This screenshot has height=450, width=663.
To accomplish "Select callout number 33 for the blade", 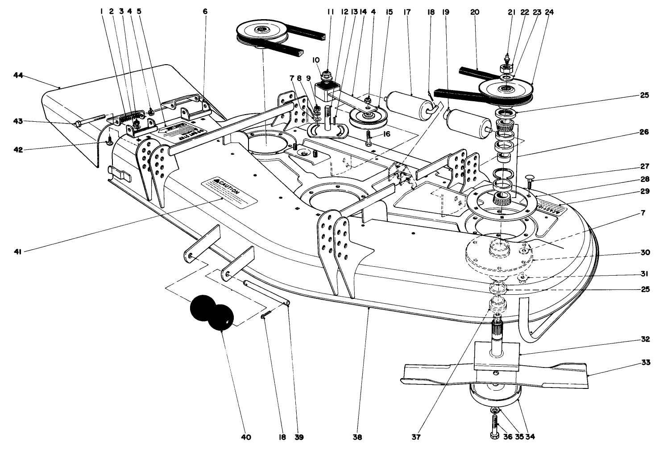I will pos(646,363).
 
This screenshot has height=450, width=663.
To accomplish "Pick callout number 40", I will pos(246,437).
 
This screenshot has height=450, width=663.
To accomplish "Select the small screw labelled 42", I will pos(108,142).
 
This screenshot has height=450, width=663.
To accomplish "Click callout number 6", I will pos(205,12).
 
